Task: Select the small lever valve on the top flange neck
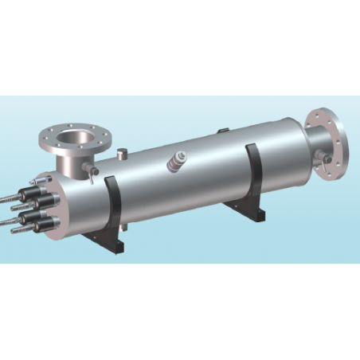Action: click(92, 170)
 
